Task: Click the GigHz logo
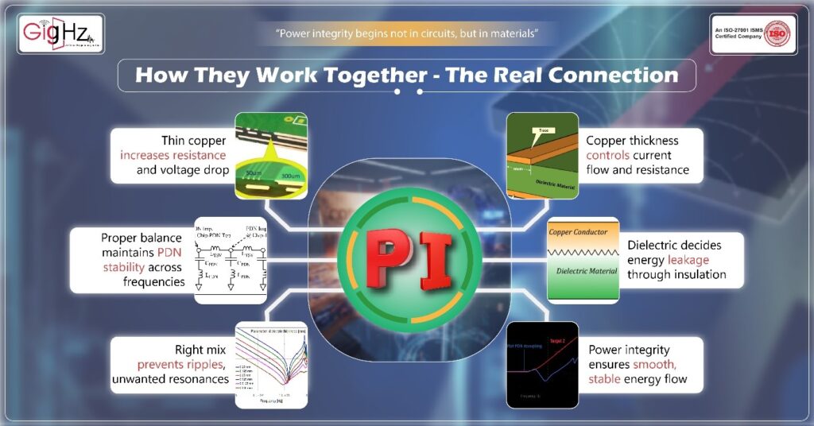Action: click(x=61, y=34)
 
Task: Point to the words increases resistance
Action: click(x=173, y=154)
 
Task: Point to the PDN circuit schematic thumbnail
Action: click(x=231, y=261)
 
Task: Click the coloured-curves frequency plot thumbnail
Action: click(x=271, y=364)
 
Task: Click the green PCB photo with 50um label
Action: click(x=271, y=154)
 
